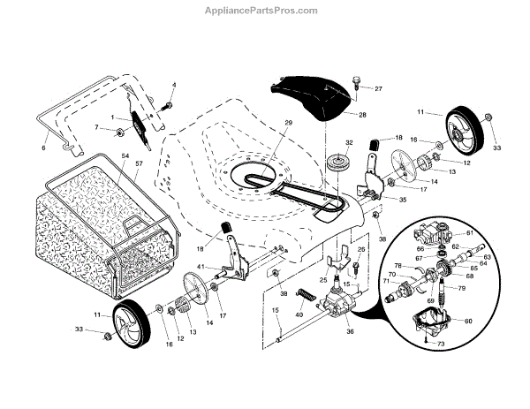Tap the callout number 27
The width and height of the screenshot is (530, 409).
click(378, 89)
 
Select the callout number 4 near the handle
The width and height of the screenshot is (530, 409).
click(174, 85)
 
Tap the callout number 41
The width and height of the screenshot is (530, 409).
click(201, 266)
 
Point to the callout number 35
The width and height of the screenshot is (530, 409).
click(403, 202)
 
